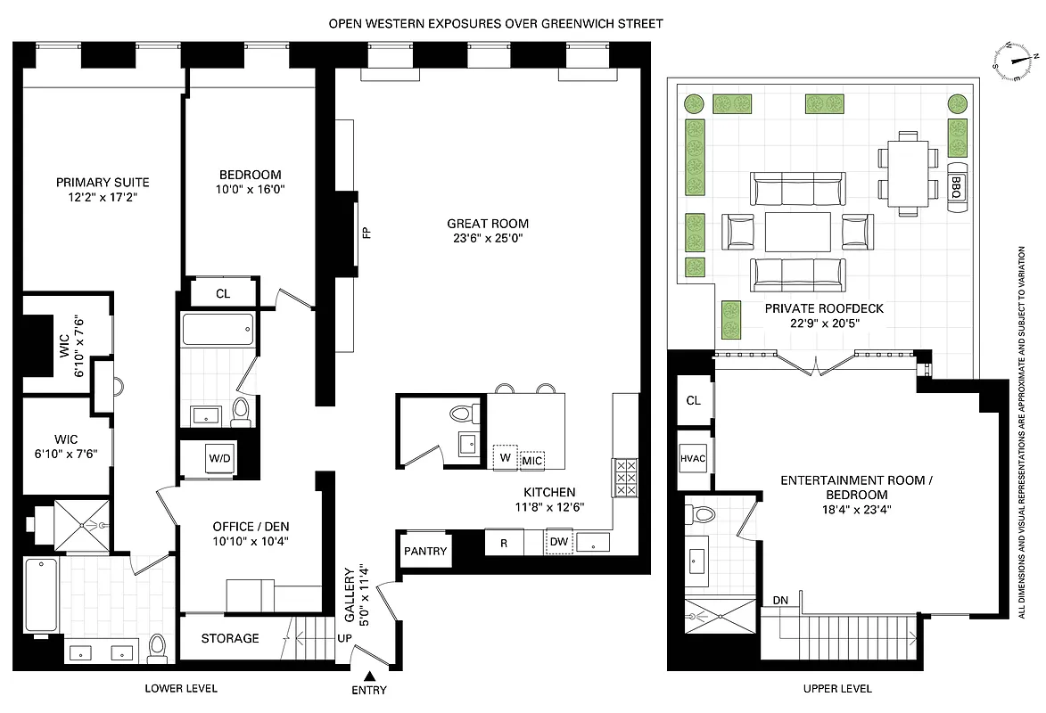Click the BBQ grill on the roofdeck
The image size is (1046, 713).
click(x=957, y=188)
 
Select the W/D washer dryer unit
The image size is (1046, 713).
click(x=218, y=459)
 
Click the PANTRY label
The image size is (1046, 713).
click(x=425, y=551)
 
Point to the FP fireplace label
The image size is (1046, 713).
click(x=366, y=234)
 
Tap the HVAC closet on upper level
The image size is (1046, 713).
click(x=693, y=459)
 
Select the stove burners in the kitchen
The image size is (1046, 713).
click(x=624, y=477)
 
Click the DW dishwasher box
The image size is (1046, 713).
click(x=559, y=542)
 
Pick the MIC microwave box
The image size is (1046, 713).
click(x=532, y=460)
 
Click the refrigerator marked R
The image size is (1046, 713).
click(x=504, y=542)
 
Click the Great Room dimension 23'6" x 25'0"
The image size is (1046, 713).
click(x=488, y=239)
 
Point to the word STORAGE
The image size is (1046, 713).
click(x=230, y=638)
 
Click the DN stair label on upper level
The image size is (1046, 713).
click(x=780, y=600)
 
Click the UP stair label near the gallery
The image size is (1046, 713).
click(x=343, y=639)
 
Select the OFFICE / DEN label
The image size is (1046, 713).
click(x=251, y=526)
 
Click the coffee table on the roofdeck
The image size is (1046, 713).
click(x=797, y=232)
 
